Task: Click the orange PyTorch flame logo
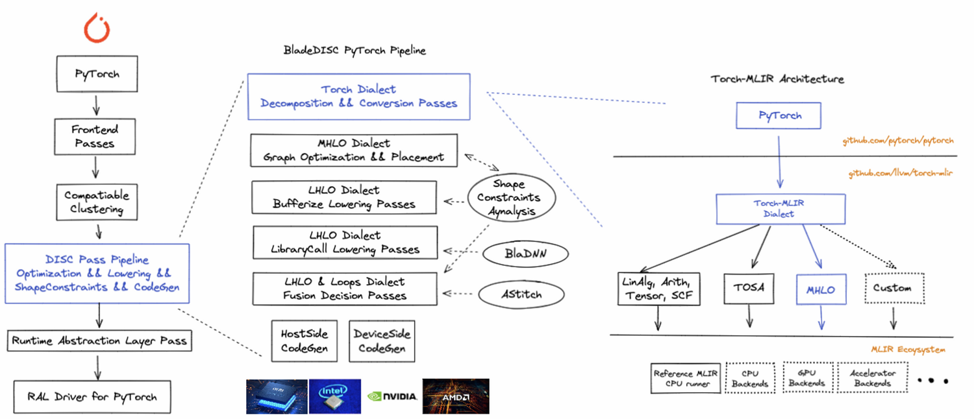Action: click(96, 29)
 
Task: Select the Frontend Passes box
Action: click(95, 136)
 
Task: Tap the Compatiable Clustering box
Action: click(97, 202)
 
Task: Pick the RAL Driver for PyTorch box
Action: click(92, 396)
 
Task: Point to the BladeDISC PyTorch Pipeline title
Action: click(355, 51)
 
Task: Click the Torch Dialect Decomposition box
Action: click(358, 96)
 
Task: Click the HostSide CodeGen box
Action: click(305, 341)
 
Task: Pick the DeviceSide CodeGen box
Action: click(381, 341)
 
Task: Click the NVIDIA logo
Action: click(392, 396)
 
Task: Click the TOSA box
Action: click(749, 287)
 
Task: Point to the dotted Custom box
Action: click(893, 288)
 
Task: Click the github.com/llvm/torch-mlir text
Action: click(900, 174)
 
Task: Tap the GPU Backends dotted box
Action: click(803, 378)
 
